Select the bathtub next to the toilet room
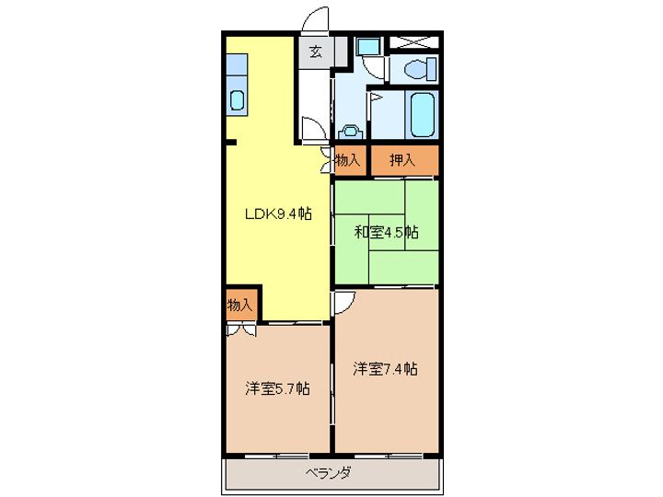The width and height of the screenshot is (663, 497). (423, 114)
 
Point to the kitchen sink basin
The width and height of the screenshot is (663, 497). (238, 100)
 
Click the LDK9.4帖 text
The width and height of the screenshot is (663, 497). (277, 214)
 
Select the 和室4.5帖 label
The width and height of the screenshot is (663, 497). (387, 232)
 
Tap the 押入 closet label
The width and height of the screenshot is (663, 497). (402, 160)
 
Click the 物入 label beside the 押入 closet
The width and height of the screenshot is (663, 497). (348, 160)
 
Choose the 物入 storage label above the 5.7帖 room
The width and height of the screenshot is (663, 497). (239, 304)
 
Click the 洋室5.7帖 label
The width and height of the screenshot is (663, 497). (276, 388)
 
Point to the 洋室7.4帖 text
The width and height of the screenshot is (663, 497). (386, 369)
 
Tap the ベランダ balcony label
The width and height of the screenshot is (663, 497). (328, 474)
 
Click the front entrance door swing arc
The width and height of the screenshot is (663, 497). (315, 20)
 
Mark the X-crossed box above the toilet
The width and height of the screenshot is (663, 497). (412, 42)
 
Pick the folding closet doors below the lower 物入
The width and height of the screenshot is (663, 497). (241, 327)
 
